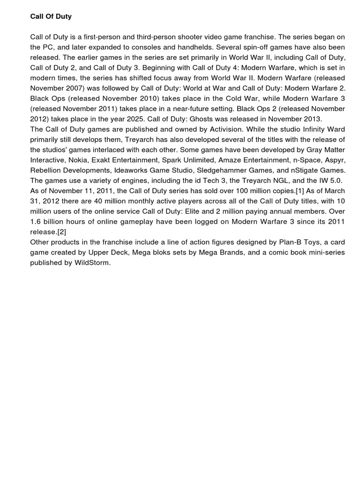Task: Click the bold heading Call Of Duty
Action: coord(51,16)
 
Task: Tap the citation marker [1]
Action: coord(283,191)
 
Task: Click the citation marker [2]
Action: coord(62,232)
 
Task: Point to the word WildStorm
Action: coord(92,263)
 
